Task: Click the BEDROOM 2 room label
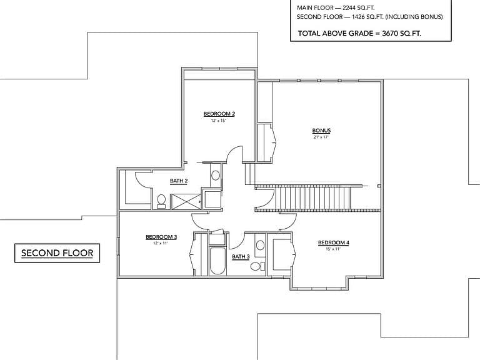point(219,114)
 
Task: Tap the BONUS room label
point(321,131)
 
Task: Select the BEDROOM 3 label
point(161,237)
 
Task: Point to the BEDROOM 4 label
point(333,242)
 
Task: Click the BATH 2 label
point(179,181)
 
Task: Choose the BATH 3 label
point(241,256)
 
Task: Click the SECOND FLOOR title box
point(57,253)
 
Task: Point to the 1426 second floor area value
point(358,17)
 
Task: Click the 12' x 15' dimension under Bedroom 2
point(218,121)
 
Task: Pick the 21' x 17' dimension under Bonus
point(321,137)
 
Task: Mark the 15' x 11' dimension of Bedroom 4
point(333,249)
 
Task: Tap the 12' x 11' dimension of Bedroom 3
point(161,243)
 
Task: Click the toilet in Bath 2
point(161,201)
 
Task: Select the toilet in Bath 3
point(257,266)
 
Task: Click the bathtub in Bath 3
point(217,261)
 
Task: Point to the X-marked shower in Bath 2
point(186,202)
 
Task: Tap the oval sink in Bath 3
point(260,245)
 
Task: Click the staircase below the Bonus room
point(313,197)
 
